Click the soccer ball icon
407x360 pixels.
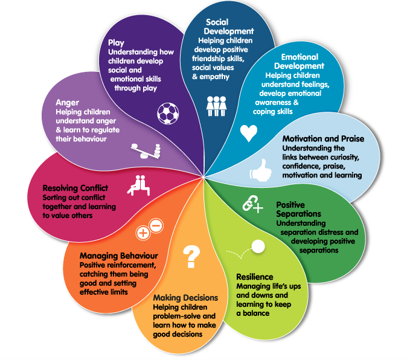coord(168,113)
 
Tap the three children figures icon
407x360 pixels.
coord(216,105)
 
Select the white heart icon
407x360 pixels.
coord(248,132)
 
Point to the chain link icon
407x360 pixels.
coord(252,205)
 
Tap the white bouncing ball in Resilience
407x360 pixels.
coord(258,246)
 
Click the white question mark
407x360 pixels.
coord(191,257)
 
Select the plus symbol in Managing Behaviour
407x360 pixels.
coord(143,232)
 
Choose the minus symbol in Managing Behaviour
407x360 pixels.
coord(155,226)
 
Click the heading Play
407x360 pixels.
coord(116,42)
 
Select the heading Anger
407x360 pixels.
coord(67,102)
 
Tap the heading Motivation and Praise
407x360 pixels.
coord(323,139)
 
